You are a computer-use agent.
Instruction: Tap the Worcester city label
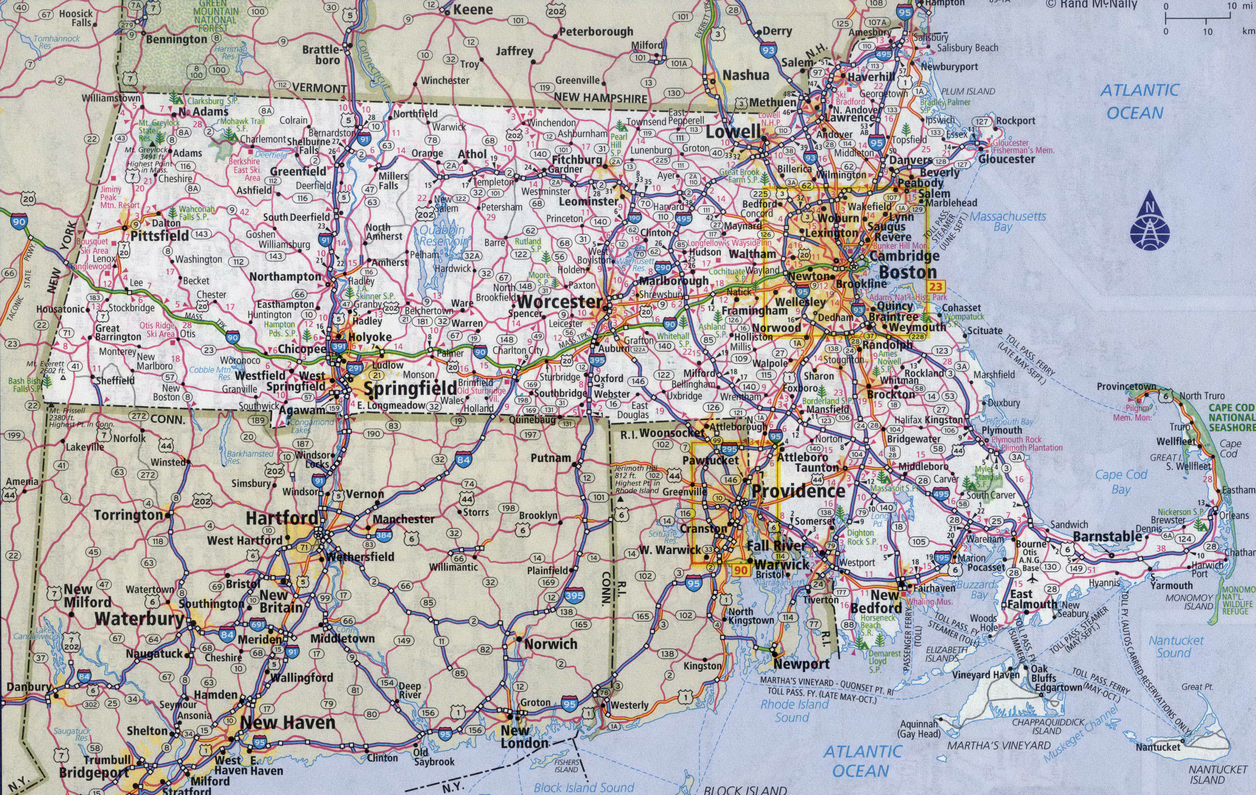tap(560, 301)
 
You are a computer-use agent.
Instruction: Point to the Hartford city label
tap(282, 518)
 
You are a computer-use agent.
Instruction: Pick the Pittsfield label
tap(160, 236)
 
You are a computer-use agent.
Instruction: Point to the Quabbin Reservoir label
tap(442, 236)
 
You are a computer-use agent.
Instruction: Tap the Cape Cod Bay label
tap(1121, 481)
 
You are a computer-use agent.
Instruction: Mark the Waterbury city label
tap(139, 619)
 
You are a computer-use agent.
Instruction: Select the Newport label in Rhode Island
tap(801, 664)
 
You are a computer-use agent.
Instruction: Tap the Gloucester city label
tap(1007, 159)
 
